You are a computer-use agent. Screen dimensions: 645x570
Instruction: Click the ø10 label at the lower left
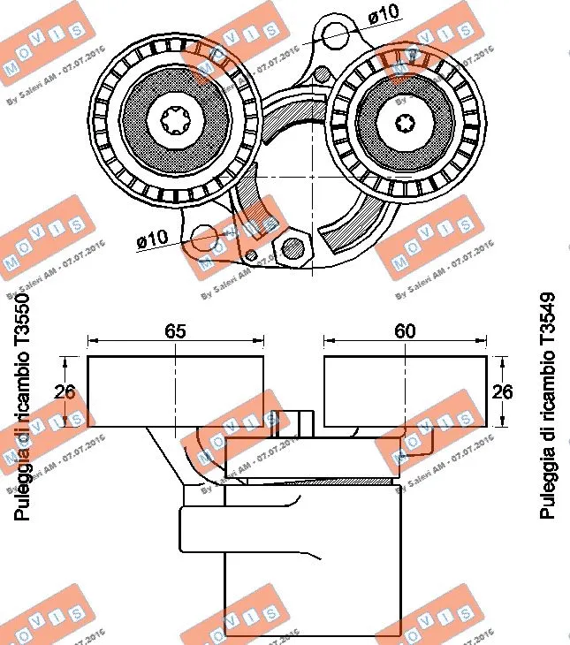[x=151, y=239]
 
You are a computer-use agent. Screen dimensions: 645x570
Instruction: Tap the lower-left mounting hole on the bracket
[x=204, y=237]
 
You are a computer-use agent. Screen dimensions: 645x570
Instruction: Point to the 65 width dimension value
[x=175, y=331]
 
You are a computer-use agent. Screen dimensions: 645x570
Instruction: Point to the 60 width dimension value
[x=405, y=331]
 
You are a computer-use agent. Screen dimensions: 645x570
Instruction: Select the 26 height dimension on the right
[x=502, y=391]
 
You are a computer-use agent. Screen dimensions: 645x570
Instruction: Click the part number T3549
[x=547, y=320]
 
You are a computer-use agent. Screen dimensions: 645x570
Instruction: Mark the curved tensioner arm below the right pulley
[x=358, y=225]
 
